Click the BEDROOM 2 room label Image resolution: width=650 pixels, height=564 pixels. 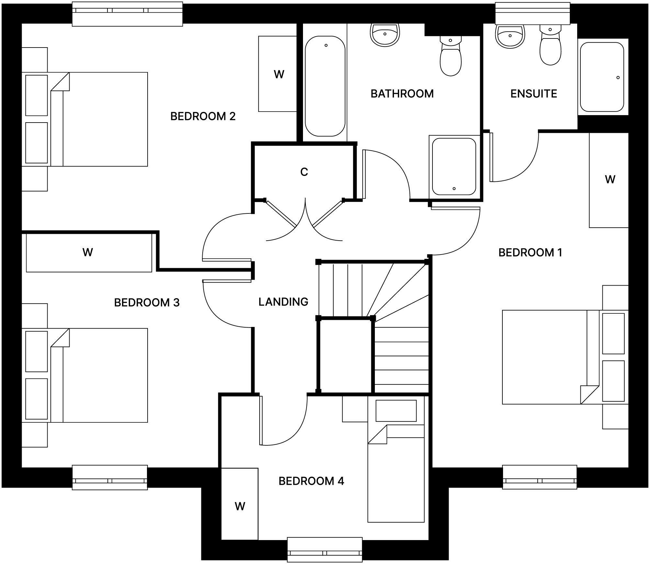[x=203, y=116]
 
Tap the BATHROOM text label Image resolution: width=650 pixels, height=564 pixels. [x=402, y=93]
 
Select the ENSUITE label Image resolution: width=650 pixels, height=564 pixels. [x=533, y=93]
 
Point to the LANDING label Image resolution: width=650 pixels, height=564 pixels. [x=283, y=302]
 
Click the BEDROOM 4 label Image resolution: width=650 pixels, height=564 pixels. [x=311, y=481]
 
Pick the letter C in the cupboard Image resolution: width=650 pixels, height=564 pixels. [x=304, y=172]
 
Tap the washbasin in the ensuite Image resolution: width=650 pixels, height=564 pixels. [x=510, y=36]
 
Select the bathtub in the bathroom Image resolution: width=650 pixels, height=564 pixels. [x=325, y=86]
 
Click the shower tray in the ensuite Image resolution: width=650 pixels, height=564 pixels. [x=602, y=77]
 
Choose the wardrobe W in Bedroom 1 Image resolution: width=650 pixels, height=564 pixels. [x=610, y=179]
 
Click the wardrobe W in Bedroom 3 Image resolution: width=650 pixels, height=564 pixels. [x=88, y=252]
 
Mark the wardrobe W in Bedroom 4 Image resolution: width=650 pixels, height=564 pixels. [x=240, y=506]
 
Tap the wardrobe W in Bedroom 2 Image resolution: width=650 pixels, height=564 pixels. [x=279, y=74]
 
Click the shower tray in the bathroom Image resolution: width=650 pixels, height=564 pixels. [x=454, y=167]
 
